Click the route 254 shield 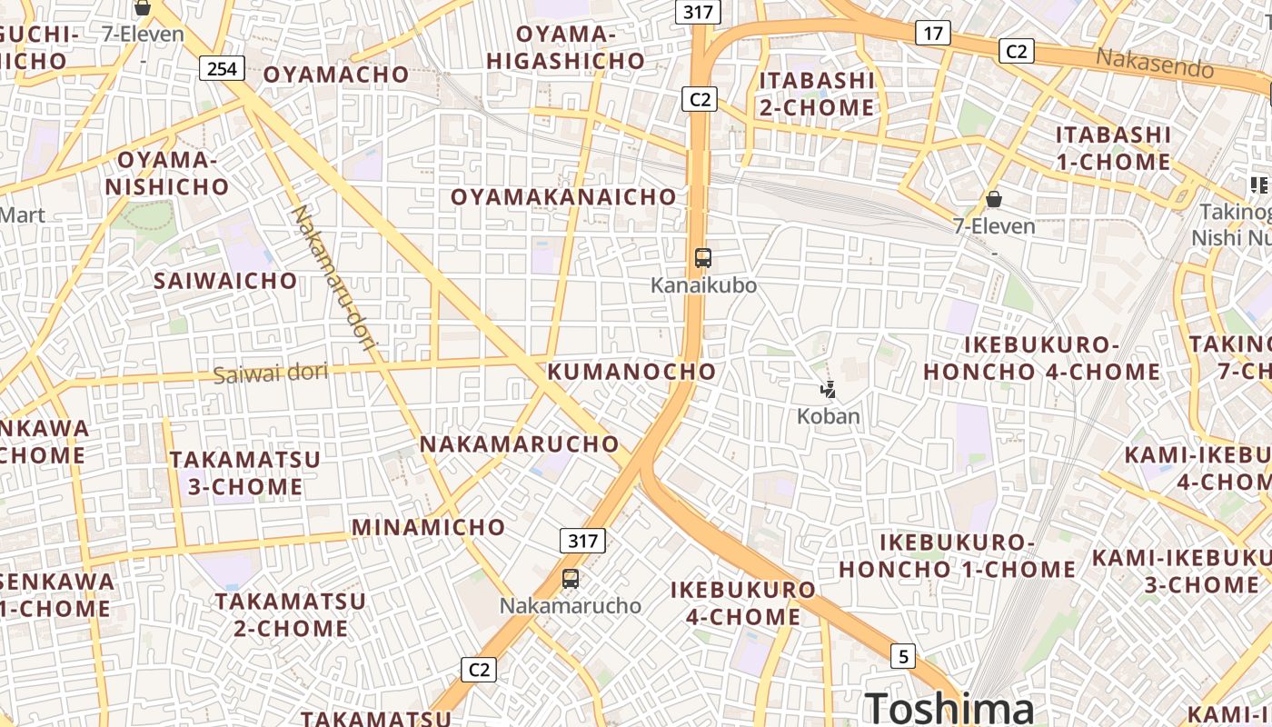click(x=222, y=68)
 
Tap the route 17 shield click(x=932, y=34)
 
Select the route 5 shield click(x=901, y=655)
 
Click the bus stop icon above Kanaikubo click(x=702, y=257)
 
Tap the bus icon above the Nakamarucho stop click(x=571, y=578)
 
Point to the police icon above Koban click(x=828, y=391)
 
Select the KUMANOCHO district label click(x=631, y=372)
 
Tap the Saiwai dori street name click(x=270, y=373)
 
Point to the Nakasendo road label click(x=1154, y=63)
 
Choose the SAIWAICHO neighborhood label click(x=225, y=281)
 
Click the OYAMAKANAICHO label click(x=563, y=197)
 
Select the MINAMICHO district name click(x=428, y=527)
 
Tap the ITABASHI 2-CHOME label click(x=816, y=94)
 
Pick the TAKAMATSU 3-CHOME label click(x=245, y=473)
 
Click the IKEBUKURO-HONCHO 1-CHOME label click(x=957, y=556)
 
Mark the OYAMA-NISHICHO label click(x=167, y=174)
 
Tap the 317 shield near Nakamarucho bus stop click(x=582, y=541)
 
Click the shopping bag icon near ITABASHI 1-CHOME click(x=994, y=199)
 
